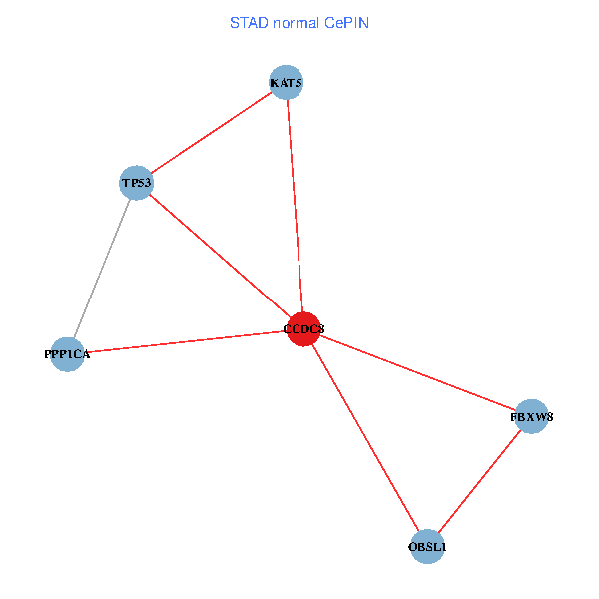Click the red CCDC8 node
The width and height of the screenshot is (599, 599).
coord(303,329)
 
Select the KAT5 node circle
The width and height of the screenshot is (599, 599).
coord(287,82)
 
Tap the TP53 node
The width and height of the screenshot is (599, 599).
coord(136,183)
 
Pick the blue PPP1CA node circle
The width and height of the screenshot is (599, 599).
coord(67,354)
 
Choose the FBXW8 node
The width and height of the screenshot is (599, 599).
coord(532,417)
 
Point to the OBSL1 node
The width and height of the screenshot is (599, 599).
coord(427,547)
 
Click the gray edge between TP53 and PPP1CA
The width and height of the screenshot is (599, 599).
coord(102,268)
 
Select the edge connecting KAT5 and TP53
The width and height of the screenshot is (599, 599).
coord(211,133)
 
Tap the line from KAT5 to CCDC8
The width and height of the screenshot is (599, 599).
coord(295,205)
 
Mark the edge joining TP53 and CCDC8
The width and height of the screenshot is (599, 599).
coord(220,256)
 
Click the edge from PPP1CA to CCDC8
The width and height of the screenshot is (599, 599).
coord(186,341)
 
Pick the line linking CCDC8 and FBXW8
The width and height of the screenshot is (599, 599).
coord(417,373)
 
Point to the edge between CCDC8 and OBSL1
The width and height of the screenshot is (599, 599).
coord(365,438)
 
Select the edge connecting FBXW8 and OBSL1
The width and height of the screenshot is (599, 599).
coord(479,482)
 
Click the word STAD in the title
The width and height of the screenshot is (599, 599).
coord(249,23)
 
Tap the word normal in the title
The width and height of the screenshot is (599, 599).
coord(297,23)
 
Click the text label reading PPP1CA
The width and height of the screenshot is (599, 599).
coord(67,354)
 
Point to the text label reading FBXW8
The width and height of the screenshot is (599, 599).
coord(532,417)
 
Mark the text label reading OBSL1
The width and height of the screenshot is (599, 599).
coord(427,547)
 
